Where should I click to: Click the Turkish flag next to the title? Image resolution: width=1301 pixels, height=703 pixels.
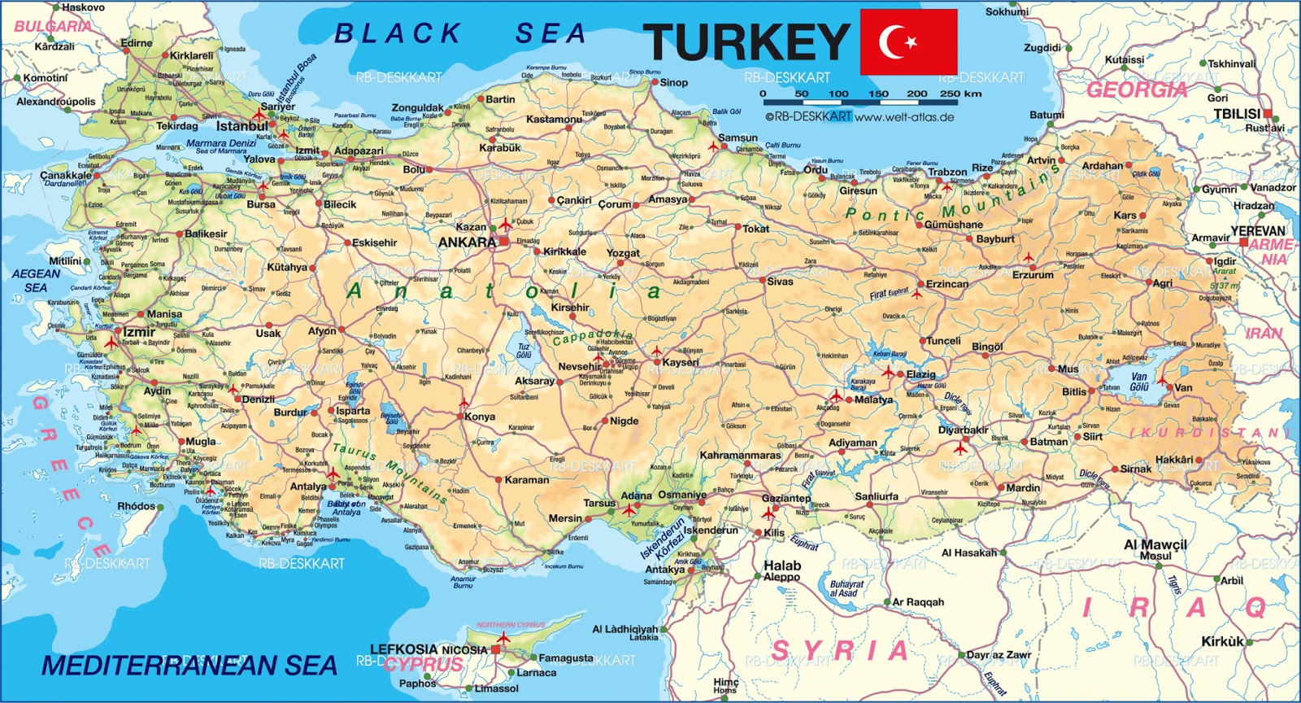(908, 41)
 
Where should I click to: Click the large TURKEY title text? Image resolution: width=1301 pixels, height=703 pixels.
(746, 43)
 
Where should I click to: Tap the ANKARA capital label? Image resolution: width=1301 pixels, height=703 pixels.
(467, 242)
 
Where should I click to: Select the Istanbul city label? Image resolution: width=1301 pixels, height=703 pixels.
(241, 126)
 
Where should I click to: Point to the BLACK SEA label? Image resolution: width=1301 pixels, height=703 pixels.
(460, 33)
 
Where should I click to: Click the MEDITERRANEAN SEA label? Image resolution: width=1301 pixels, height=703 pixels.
(189, 666)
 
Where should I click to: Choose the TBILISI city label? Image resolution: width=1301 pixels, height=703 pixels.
(1237, 114)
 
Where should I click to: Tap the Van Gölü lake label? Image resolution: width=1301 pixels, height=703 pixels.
(1139, 382)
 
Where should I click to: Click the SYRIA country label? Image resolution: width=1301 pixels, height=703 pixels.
(839, 651)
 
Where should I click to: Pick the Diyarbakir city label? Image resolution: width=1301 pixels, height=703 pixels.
(964, 430)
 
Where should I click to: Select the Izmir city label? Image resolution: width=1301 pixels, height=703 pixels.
(138, 332)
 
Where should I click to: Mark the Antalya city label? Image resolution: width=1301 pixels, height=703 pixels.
(308, 487)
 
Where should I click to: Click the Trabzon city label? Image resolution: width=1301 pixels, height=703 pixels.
(947, 172)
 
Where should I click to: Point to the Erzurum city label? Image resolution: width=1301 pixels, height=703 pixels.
(1033, 275)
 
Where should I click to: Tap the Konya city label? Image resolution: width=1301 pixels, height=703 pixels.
(480, 417)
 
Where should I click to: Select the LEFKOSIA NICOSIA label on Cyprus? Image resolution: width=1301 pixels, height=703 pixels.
(429, 649)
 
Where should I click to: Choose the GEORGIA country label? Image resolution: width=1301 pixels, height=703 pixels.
(1137, 90)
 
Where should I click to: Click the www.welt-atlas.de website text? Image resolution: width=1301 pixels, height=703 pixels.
(904, 116)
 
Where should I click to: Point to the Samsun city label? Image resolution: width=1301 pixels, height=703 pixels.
(738, 138)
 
